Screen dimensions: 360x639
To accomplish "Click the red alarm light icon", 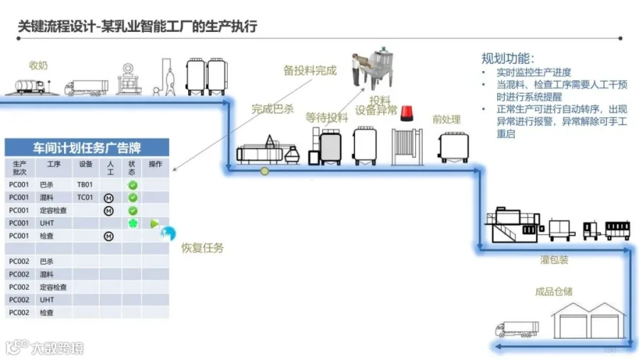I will [x=407, y=114].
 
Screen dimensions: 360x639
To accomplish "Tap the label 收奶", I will [x=38, y=65].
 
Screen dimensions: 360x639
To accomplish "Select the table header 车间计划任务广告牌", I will [x=87, y=148].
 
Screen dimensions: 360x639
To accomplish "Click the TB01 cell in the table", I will [x=85, y=185].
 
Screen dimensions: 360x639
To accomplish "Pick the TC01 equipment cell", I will [x=85, y=197].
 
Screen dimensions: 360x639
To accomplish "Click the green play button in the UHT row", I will [x=154, y=224].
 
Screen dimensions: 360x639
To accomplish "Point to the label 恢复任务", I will [x=202, y=248].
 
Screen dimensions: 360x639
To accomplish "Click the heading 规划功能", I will [x=508, y=58].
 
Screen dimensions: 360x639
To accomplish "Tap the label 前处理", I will [x=447, y=119].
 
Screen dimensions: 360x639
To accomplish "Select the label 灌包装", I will [x=554, y=260].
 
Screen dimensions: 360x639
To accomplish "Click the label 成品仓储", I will [x=554, y=291].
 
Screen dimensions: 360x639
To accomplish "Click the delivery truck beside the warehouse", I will [x=517, y=329].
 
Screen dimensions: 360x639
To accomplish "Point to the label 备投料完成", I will [x=310, y=70].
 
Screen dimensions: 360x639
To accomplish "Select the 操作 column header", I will [x=155, y=164].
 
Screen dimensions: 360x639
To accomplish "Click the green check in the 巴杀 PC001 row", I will [x=132, y=185].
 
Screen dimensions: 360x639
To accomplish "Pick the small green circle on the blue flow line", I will [x=265, y=170].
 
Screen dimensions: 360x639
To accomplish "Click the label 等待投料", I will [x=327, y=117].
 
